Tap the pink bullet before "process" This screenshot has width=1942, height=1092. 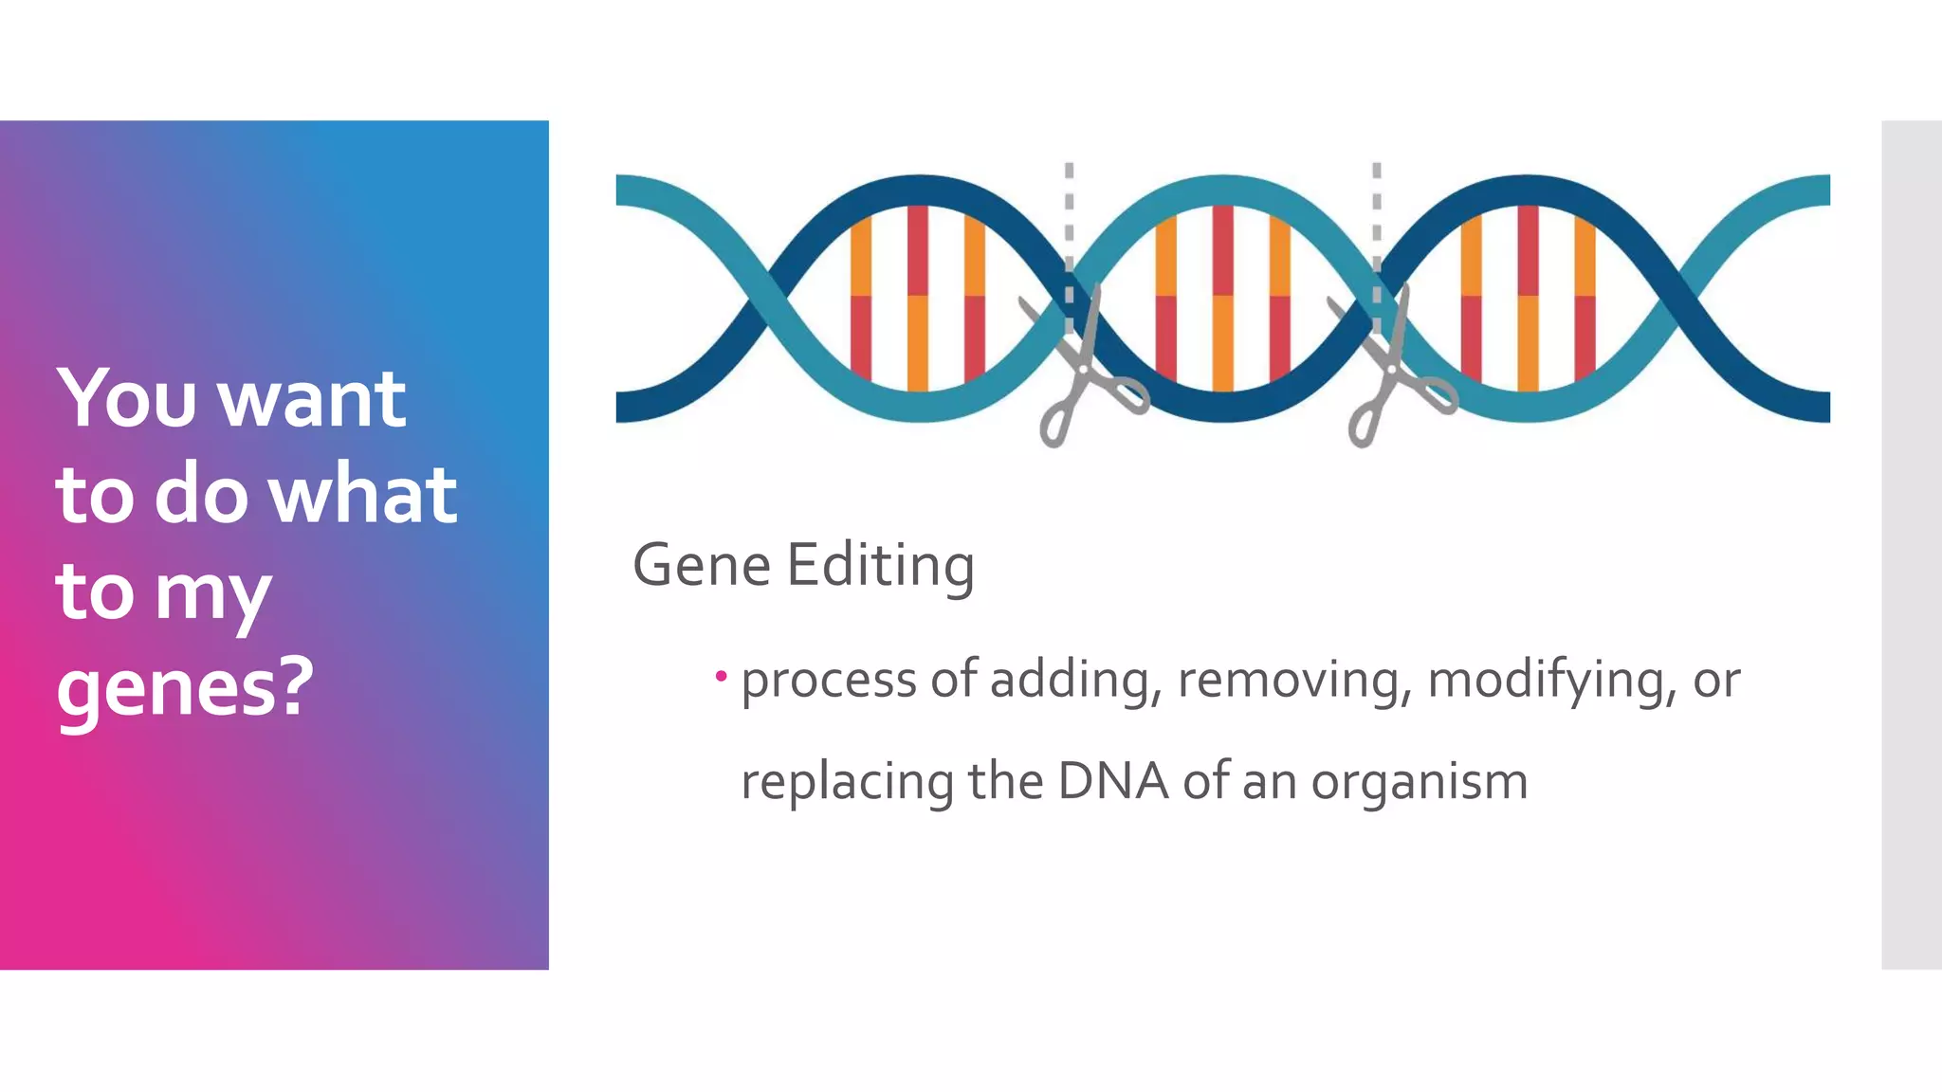click(x=722, y=676)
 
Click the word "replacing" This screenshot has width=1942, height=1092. click(x=847, y=782)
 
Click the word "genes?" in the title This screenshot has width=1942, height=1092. click(x=185, y=687)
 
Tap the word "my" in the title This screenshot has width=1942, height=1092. click(x=212, y=592)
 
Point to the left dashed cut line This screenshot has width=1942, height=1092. click(x=1069, y=227)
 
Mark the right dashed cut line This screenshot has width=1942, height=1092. click(x=1377, y=227)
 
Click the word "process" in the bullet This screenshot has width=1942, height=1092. click(x=829, y=681)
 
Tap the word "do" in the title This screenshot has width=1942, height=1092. click(x=201, y=494)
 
